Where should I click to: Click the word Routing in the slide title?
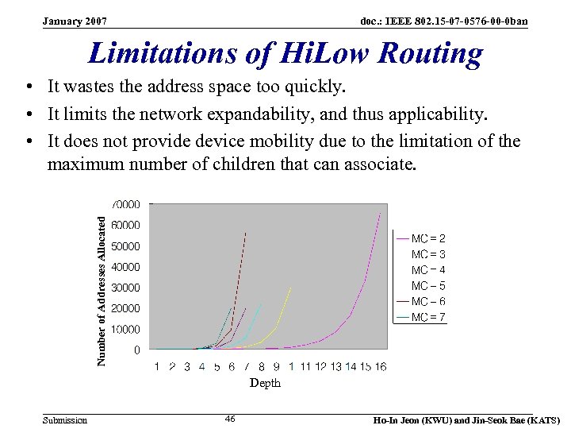[x=430, y=53]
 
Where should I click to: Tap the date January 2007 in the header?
[x=75, y=20]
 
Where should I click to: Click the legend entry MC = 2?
[x=428, y=238]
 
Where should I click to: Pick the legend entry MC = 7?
[x=428, y=317]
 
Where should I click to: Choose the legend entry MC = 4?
[x=428, y=270]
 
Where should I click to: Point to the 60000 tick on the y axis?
[x=126, y=225]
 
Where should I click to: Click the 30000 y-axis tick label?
[x=126, y=288]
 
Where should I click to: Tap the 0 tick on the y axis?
[x=137, y=350]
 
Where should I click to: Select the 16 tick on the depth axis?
[x=381, y=366]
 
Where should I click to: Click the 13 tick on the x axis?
[x=335, y=366]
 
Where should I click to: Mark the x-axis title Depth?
[x=265, y=383]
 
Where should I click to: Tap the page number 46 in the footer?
[x=230, y=418]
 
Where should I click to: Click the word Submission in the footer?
[x=65, y=420]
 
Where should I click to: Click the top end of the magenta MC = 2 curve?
[x=380, y=214]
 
